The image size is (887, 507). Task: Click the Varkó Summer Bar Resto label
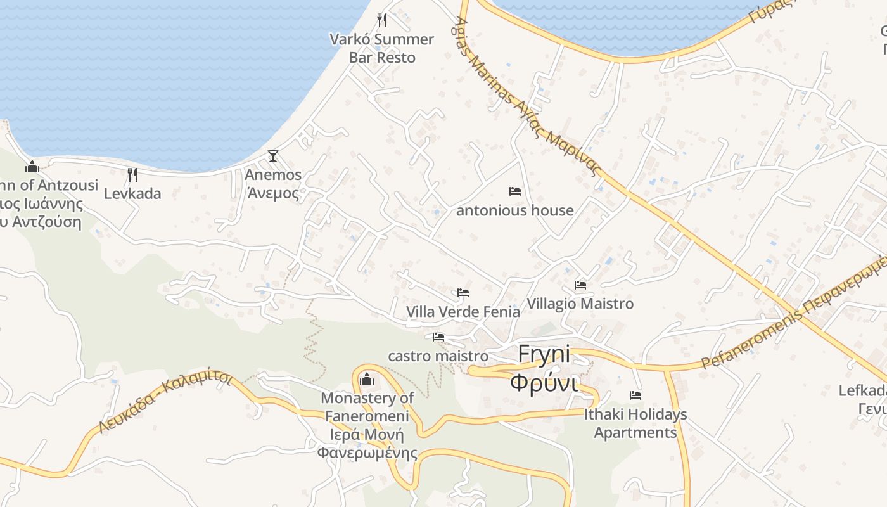pos(382,48)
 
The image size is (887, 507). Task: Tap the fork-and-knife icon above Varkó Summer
pos(382,20)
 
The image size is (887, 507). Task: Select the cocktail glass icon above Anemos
pos(273,155)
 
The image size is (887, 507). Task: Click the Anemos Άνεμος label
pos(273,183)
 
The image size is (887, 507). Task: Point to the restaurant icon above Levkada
pos(132,174)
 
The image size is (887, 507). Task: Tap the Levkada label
pos(132,193)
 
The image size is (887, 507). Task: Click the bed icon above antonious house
pos(515,191)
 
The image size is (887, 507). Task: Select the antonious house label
pos(515,210)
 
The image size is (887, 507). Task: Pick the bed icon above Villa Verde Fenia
pos(463,293)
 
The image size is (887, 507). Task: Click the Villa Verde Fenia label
pos(463,312)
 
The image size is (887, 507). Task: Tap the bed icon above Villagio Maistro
pos(580,285)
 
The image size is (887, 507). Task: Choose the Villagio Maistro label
pos(580,304)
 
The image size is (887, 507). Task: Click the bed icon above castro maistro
pos(438,337)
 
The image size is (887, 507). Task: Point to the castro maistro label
pos(438,356)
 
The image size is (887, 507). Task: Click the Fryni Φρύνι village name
pos(544,368)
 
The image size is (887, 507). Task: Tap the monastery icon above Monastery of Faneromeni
pos(367,380)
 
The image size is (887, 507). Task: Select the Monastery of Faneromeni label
pos(367,425)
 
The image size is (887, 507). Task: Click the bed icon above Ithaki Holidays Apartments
pos(635,395)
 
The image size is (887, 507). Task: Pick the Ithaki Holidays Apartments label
pos(635,423)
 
